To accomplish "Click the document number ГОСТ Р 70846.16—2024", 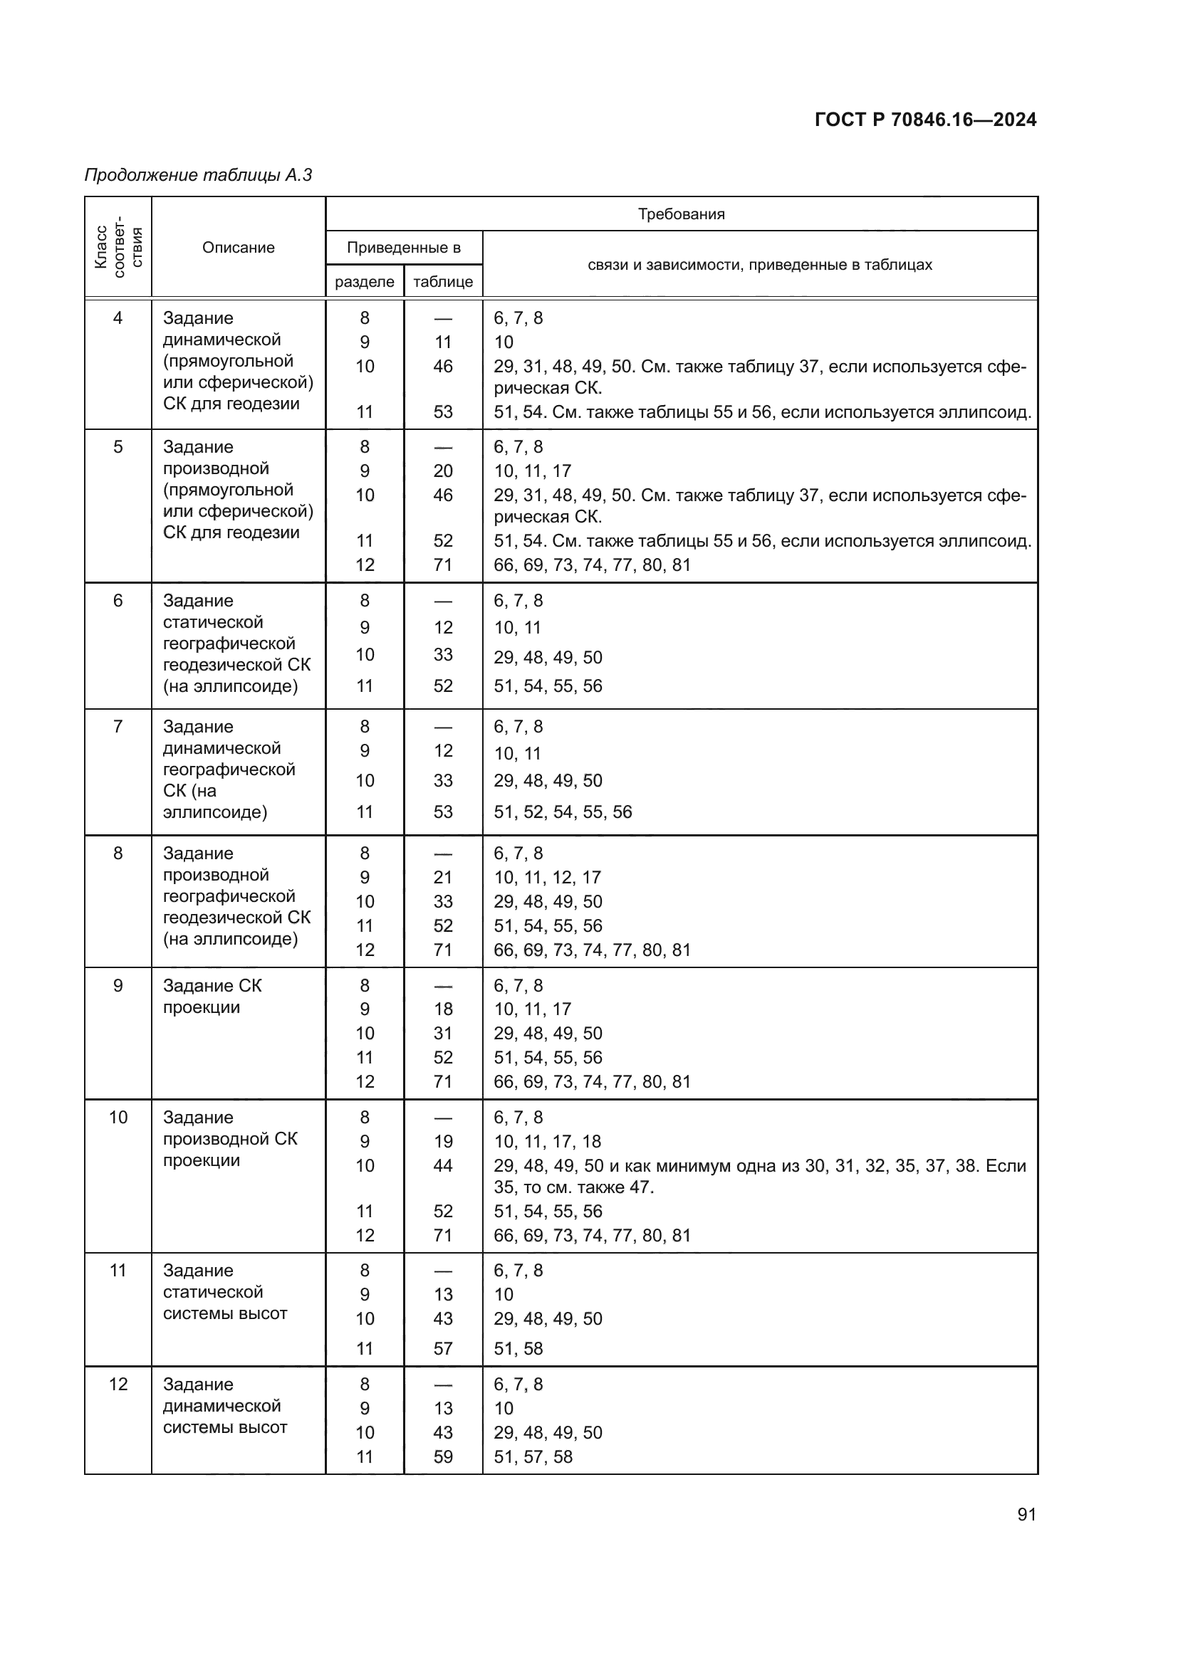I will click(x=925, y=120).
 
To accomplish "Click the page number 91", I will click(x=1026, y=1514).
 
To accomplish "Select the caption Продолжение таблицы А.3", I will click(x=198, y=175).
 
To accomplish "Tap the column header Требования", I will click(x=680, y=214).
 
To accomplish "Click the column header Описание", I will click(x=238, y=247).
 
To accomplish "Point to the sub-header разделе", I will click(x=364, y=281).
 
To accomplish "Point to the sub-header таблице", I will click(x=442, y=281).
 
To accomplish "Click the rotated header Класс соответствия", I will click(x=118, y=247).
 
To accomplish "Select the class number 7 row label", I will click(x=118, y=727).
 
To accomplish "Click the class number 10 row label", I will click(x=118, y=1118).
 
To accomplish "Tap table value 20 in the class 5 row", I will click(x=442, y=471).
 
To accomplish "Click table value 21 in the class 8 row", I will click(x=442, y=878).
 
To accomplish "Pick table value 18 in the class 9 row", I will click(x=442, y=1009).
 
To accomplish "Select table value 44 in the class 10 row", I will click(x=442, y=1165).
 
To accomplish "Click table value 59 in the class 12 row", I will click(x=442, y=1456).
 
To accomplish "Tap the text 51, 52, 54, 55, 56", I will click(x=562, y=812).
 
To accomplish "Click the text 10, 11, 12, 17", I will click(x=547, y=878).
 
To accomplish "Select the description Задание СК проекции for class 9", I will click(x=212, y=997).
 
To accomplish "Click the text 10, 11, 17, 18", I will click(x=547, y=1141).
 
